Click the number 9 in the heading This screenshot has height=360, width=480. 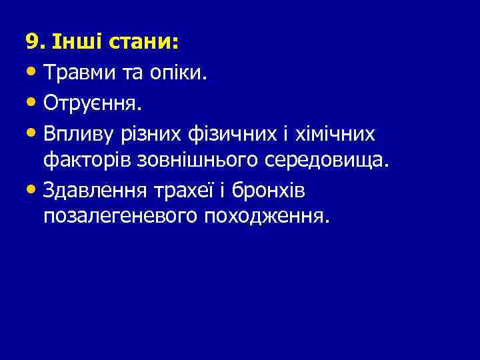(31, 43)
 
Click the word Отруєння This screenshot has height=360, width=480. (92, 103)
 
